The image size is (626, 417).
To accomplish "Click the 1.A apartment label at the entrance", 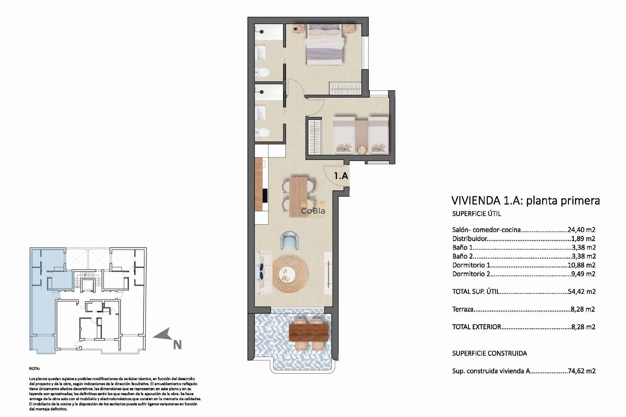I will (341, 176).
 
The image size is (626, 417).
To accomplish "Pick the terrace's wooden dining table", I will (308, 332).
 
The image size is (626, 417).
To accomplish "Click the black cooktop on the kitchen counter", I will (265, 199).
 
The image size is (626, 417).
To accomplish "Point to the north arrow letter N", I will (177, 345).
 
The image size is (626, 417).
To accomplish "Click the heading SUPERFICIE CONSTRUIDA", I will (489, 353).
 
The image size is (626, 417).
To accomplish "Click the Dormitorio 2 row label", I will (471, 274).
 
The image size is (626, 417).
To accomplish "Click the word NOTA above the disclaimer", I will (34, 368).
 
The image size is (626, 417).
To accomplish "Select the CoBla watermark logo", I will (312, 212).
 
